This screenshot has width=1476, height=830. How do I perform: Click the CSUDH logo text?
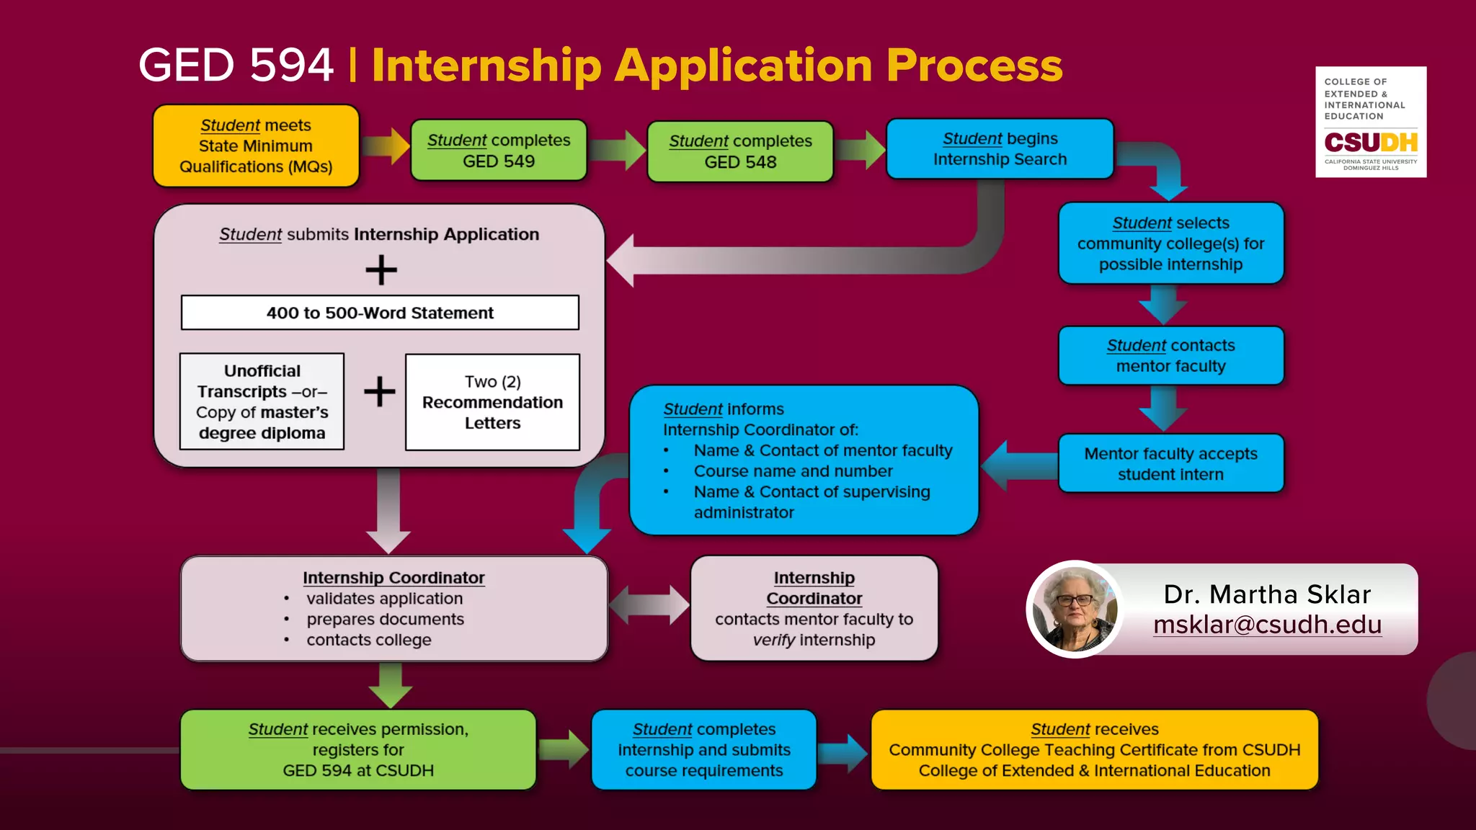click(x=1370, y=142)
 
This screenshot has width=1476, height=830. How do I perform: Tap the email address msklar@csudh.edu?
click(x=1267, y=625)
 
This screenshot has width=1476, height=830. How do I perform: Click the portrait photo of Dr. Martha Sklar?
click(x=1075, y=609)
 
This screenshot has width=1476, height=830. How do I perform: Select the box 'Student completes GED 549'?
click(x=499, y=151)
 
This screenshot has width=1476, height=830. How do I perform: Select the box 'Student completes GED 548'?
click(x=740, y=151)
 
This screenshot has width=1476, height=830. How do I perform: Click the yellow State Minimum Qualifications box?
click(x=256, y=146)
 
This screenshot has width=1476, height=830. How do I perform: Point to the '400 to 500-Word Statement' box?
click(x=380, y=313)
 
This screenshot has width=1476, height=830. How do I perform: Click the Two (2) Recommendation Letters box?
click(x=492, y=402)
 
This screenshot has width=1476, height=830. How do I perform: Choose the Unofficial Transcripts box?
click(x=262, y=401)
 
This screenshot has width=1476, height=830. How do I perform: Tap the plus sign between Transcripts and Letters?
click(x=379, y=392)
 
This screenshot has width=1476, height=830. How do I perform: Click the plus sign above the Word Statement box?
click(x=381, y=270)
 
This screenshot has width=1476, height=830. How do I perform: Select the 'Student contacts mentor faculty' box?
click(x=1170, y=356)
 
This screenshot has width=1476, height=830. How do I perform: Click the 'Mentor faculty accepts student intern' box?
click(x=1170, y=464)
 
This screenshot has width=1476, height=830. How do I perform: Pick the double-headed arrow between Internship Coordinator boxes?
click(x=649, y=604)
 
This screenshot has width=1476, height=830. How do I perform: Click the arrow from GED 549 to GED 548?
click(x=617, y=151)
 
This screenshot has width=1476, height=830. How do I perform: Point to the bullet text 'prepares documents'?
click(x=385, y=620)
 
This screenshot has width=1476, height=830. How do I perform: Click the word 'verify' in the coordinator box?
click(x=773, y=641)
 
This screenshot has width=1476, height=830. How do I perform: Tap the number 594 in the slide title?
click(x=291, y=66)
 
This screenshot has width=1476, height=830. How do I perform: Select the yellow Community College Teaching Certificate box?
click(x=1094, y=750)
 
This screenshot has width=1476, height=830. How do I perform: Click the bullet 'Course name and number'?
click(x=793, y=471)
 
